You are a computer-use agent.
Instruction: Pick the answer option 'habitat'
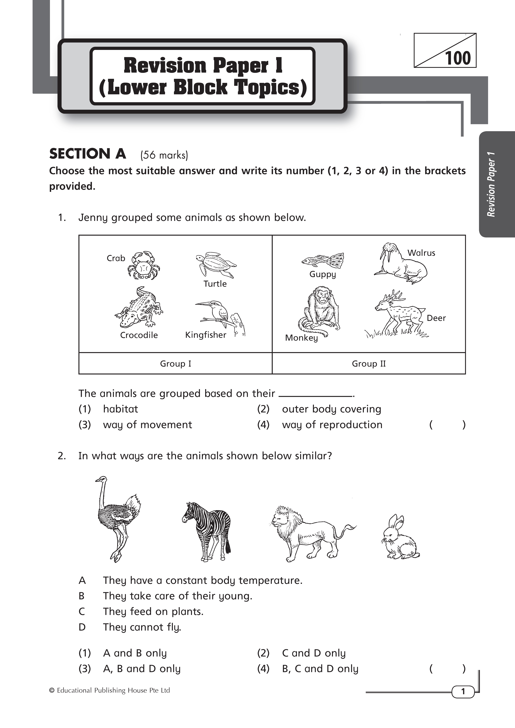click(121, 409)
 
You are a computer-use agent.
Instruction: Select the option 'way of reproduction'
click(332, 425)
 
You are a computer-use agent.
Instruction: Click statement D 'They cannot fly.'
click(142, 627)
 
